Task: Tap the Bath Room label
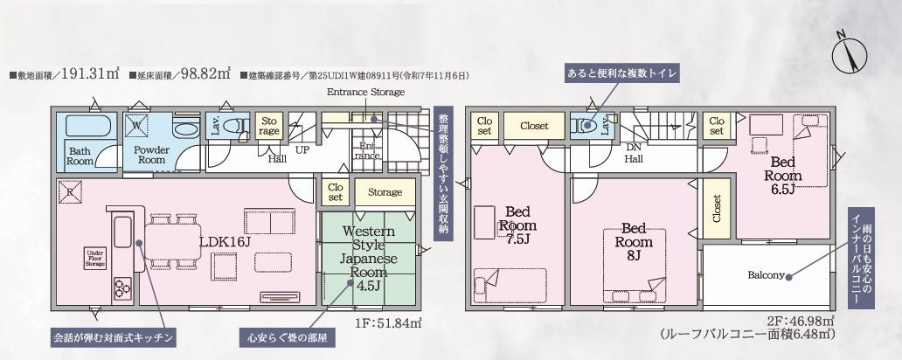80,156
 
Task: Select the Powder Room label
150,155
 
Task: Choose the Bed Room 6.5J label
782,170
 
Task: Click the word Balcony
766,274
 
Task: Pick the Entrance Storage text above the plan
365,92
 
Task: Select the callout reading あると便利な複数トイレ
622,73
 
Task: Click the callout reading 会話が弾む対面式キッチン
116,336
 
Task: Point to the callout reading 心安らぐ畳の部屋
287,336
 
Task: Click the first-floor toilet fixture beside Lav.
236,126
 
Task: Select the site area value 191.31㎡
80,75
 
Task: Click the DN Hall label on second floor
635,154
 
